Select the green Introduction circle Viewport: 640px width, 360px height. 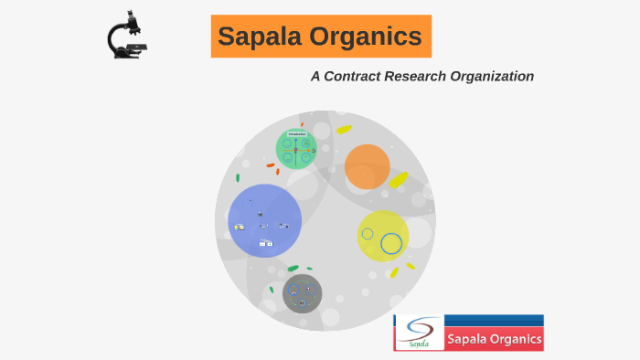coord(296,149)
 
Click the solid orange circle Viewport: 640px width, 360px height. coord(368,166)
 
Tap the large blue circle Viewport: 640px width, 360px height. coord(264,221)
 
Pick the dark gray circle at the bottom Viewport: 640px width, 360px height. coord(302,293)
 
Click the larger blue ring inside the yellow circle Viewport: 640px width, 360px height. coord(391,243)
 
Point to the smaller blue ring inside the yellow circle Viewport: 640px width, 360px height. coord(368,234)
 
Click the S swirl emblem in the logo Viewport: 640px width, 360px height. coord(419,329)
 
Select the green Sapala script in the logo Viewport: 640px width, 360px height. coord(419,344)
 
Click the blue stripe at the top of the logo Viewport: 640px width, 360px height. coord(494,321)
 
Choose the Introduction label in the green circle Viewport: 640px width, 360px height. coord(296,133)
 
